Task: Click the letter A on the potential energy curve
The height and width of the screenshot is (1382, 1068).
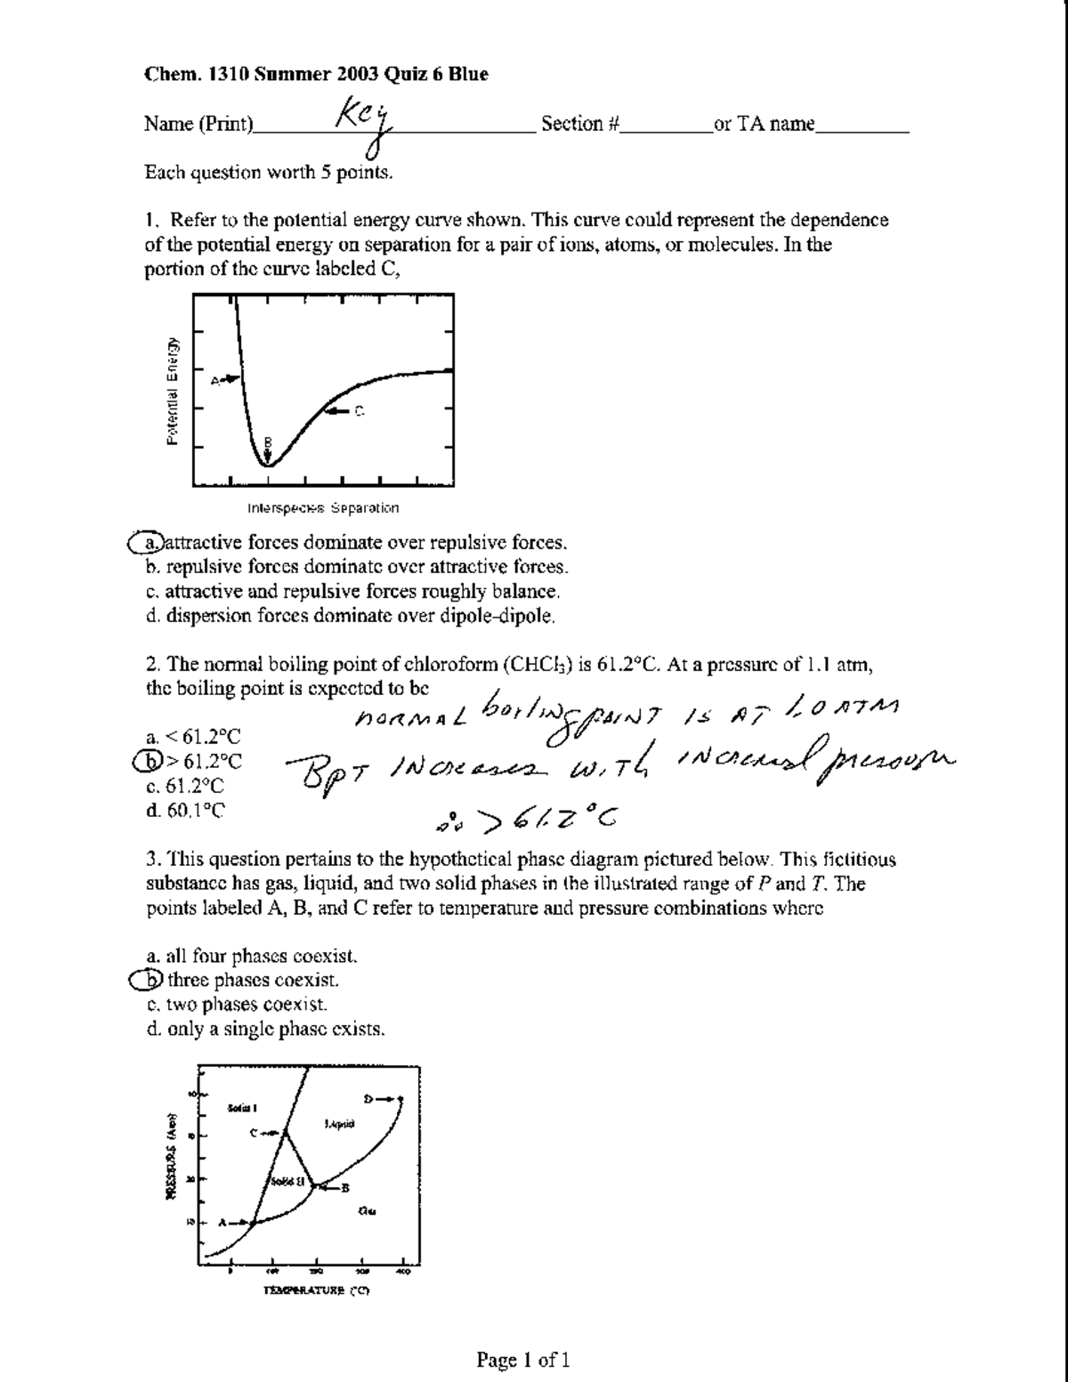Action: tap(214, 380)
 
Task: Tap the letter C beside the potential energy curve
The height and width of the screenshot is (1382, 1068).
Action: tap(360, 411)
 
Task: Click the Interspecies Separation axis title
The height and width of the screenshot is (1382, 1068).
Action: tap(323, 508)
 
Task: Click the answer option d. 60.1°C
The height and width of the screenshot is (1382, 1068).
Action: tap(185, 810)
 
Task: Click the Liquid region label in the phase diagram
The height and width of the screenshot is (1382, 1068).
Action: tap(340, 1125)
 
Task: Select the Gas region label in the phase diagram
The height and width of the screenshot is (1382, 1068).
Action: tap(367, 1209)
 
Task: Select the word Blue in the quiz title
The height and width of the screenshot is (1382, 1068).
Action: tap(468, 75)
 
